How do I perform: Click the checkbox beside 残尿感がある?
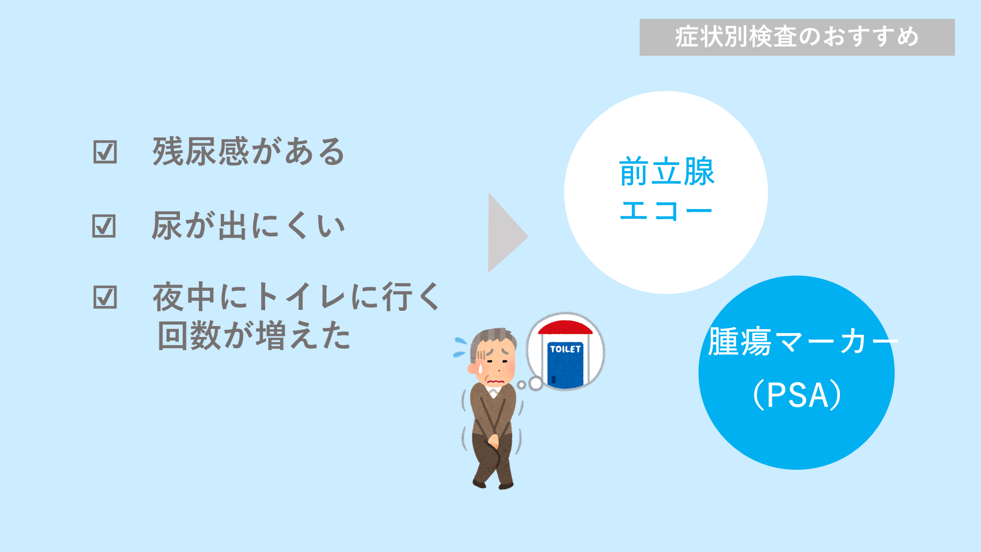click(105, 152)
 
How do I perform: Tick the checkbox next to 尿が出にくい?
click(104, 225)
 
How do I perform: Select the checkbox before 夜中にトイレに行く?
click(105, 297)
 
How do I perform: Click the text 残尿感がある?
click(249, 152)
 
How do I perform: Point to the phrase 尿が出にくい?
click(249, 225)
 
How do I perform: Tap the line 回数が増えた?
click(254, 336)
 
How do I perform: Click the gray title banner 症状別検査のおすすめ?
click(797, 37)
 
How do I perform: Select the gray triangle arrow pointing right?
click(506, 233)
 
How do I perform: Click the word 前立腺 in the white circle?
click(667, 172)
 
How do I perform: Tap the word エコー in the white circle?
click(666, 211)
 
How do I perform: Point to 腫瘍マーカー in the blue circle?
click(803, 341)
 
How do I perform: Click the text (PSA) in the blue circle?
click(797, 395)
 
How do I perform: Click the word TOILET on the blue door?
click(565, 349)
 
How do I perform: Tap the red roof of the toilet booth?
click(565, 327)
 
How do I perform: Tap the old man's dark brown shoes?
click(493, 484)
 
